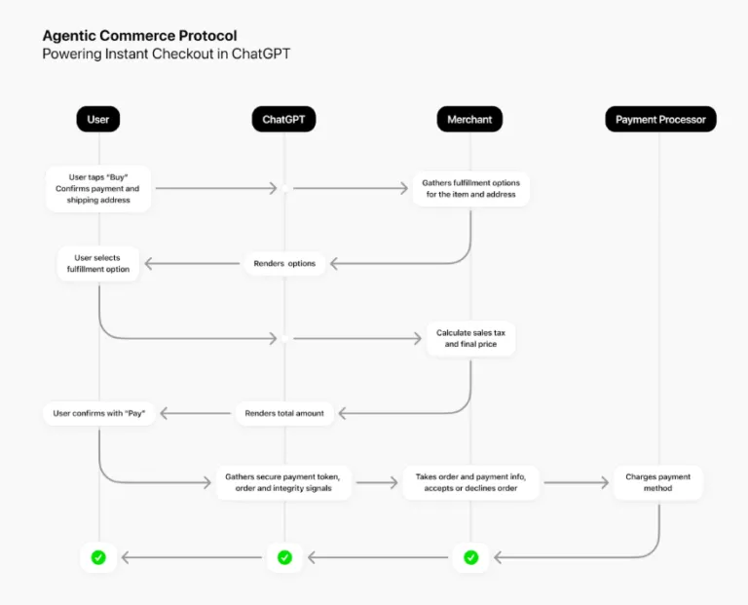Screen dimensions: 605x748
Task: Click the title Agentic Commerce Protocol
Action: (139, 36)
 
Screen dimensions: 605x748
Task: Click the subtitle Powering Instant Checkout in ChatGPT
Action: (166, 55)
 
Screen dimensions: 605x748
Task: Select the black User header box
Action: (98, 120)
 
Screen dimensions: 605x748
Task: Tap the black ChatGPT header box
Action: (283, 120)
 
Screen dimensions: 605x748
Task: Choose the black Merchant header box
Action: (469, 120)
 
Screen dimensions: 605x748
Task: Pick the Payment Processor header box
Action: (659, 120)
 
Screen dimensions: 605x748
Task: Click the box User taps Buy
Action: (98, 189)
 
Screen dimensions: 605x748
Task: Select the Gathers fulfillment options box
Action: (470, 189)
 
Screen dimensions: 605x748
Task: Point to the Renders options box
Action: (284, 263)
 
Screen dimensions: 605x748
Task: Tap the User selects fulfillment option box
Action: (98, 264)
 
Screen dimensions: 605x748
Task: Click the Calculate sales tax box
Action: (470, 338)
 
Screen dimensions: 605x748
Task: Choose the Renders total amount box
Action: (284, 413)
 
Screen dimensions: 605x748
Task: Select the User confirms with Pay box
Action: (98, 413)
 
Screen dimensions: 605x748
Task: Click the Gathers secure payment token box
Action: (284, 482)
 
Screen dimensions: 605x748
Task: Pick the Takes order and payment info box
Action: (470, 482)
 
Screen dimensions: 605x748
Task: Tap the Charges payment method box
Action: (657, 482)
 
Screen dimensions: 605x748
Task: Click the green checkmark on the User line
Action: (98, 557)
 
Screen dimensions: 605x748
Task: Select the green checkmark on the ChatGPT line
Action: (284, 557)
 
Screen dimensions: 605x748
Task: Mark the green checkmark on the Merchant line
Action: (470, 557)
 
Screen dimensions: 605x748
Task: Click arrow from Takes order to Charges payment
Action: (576, 482)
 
